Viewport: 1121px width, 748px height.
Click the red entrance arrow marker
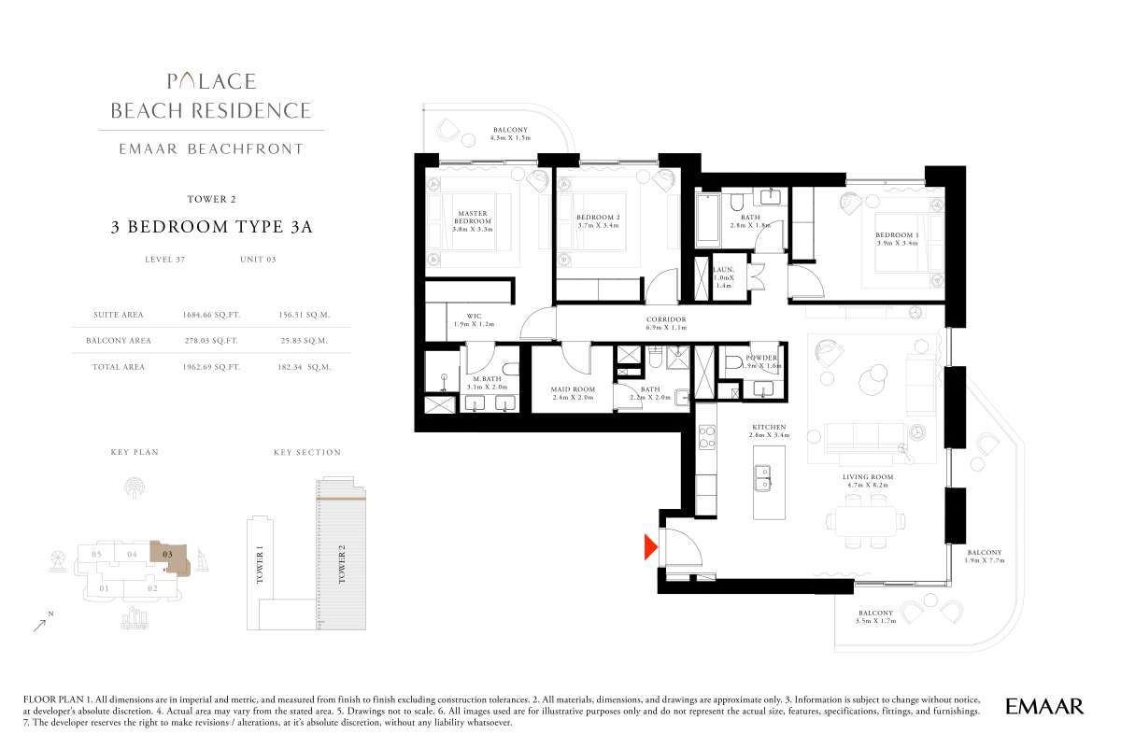coord(650,547)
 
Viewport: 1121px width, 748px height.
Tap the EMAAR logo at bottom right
coord(1044,707)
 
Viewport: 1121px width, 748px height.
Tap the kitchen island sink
coord(763,477)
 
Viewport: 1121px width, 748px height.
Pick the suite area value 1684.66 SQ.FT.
coord(211,315)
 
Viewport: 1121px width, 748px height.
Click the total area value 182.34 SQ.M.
coord(305,367)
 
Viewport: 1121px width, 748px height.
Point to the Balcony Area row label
coord(119,341)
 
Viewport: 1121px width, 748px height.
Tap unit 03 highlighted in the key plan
coord(170,557)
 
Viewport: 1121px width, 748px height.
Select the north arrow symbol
coord(40,626)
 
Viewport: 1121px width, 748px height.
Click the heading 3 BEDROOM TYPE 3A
coord(212,227)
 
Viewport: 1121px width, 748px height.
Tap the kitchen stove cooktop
coord(706,437)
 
